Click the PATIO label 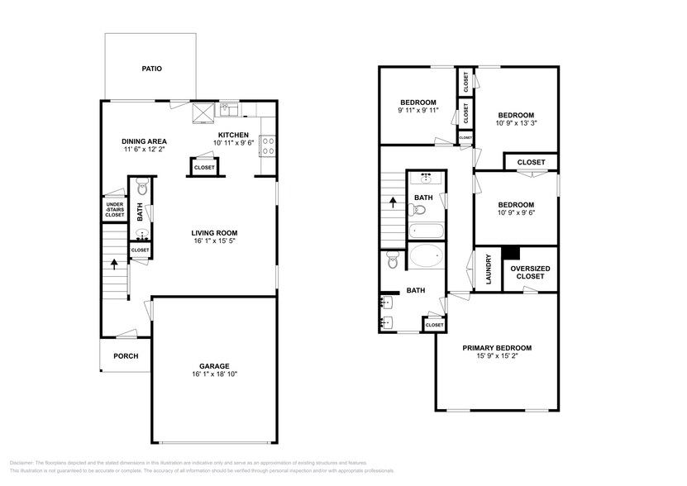150,69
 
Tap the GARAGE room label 213,365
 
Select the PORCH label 126,356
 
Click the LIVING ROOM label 213,233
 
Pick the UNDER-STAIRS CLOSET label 114,208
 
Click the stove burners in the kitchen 268,146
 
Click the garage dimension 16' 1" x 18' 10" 213,374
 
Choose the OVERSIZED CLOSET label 527,272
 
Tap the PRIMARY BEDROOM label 496,348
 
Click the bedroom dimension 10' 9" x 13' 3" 515,124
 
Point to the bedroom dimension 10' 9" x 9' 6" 515,213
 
